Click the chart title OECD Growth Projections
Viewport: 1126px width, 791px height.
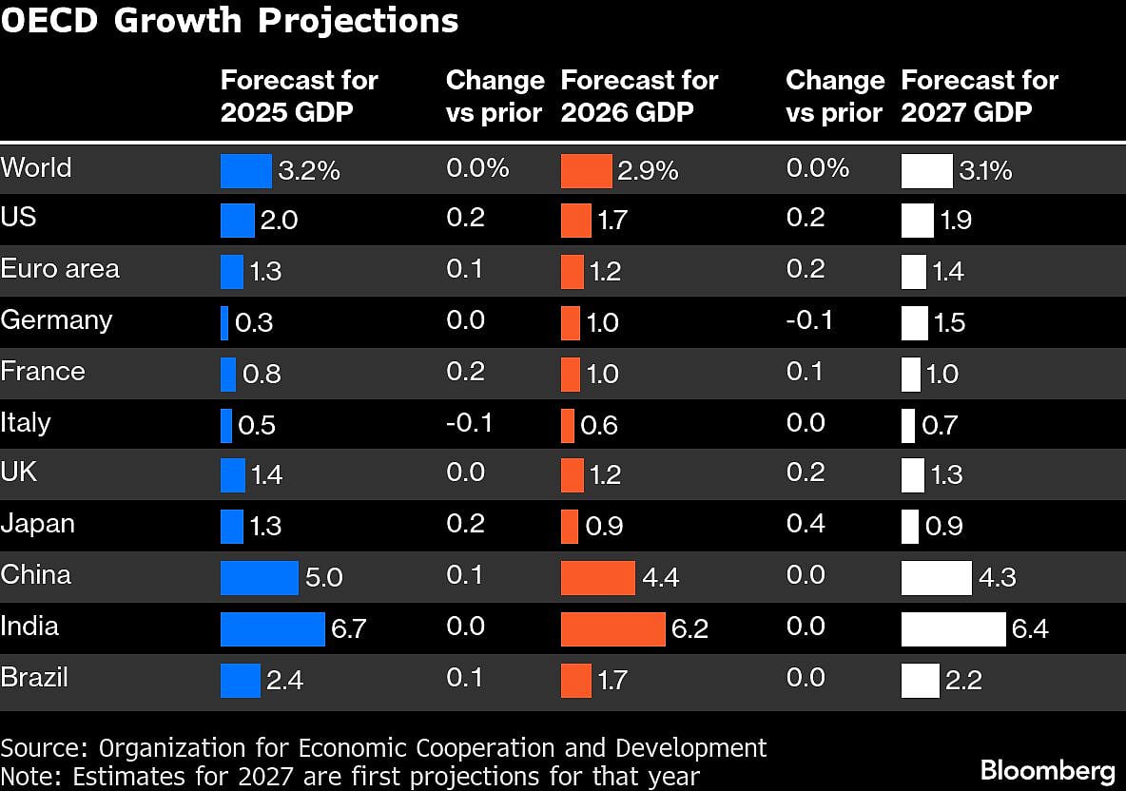[229, 21]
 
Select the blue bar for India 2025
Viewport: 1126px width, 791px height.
[272, 629]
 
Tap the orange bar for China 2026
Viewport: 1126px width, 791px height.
[597, 578]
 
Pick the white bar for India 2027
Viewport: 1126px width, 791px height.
[953, 629]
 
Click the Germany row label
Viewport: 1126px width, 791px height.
[56, 320]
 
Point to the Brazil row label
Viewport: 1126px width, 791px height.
[34, 678]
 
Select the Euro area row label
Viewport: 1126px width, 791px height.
[60, 269]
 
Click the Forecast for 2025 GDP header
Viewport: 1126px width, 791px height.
[299, 96]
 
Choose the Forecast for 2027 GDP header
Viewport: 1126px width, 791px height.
[979, 96]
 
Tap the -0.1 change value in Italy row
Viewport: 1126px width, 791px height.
[469, 422]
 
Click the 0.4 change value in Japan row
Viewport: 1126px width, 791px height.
[806, 524]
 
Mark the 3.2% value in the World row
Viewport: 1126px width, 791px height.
[309, 172]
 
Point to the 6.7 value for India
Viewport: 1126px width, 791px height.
[349, 629]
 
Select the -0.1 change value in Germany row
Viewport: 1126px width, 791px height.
[809, 320]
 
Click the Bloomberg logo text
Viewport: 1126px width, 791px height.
[1047, 768]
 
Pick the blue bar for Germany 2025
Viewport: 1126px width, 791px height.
[224, 323]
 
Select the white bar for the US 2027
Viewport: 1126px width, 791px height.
[917, 221]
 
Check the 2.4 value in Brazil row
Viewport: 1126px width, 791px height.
[284, 681]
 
